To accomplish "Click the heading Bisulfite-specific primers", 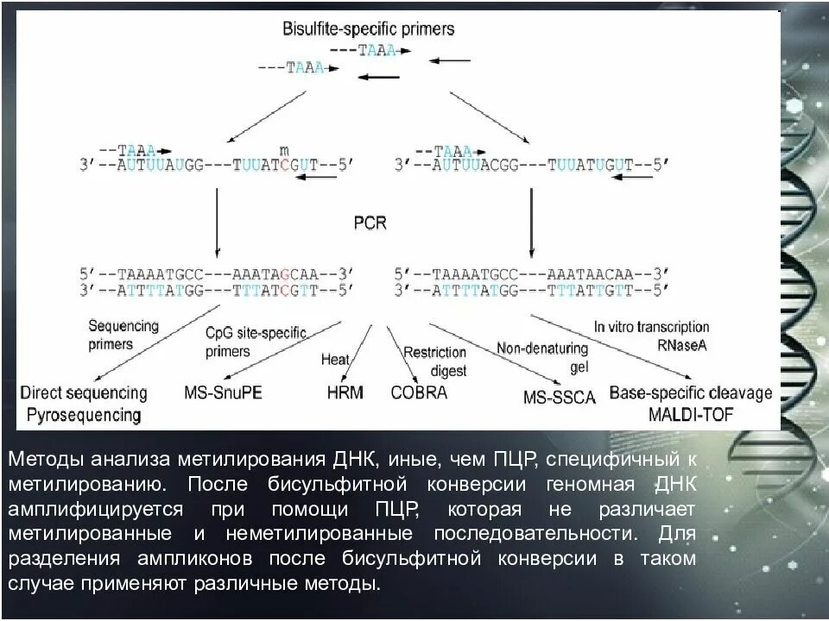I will point(369,29).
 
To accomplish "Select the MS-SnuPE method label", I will point(223,392).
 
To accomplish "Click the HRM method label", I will point(345,392).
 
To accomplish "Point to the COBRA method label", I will point(419,392).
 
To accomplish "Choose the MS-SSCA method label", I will point(560,398).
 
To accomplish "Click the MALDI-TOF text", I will point(691,414).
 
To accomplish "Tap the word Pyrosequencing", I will point(82,414).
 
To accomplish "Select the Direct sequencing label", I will point(85,392).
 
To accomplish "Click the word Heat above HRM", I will point(334,359).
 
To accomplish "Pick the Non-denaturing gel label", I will point(541,354).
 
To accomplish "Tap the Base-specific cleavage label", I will point(691,392).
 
